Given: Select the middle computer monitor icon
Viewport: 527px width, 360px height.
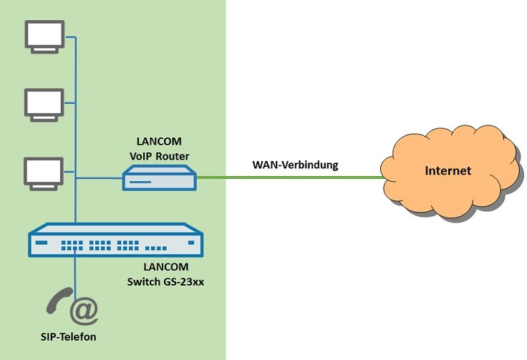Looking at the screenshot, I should [44, 103].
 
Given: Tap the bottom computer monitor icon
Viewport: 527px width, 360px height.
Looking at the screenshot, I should [44, 172].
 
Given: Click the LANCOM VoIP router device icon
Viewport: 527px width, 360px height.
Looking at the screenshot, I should [158, 178].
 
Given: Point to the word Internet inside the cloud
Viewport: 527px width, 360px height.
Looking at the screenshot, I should [449, 171].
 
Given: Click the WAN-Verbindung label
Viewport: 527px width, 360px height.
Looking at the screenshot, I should [295, 165].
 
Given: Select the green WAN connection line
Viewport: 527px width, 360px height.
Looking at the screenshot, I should [286, 177].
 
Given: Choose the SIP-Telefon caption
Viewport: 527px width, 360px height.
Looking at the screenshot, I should [69, 336].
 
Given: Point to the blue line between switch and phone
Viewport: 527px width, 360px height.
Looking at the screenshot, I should [75, 276].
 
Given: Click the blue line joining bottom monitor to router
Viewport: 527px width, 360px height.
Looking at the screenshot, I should [97, 178].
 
